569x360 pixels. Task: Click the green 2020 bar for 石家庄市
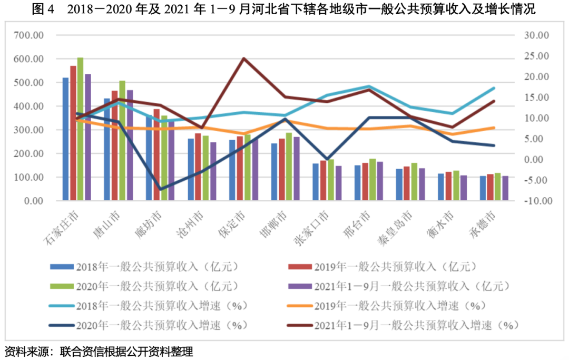(x=80, y=129)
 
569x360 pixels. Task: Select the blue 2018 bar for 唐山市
(x=107, y=149)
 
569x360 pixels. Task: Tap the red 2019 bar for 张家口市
(x=323, y=180)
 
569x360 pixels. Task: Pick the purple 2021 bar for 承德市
(x=505, y=188)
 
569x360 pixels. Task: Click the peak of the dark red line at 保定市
(x=243, y=58)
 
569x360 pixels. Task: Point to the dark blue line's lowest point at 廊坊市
(x=161, y=189)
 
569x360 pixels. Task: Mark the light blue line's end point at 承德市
(x=494, y=88)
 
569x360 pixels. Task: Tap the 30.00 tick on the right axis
(x=536, y=35)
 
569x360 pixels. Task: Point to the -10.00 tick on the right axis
(x=536, y=201)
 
